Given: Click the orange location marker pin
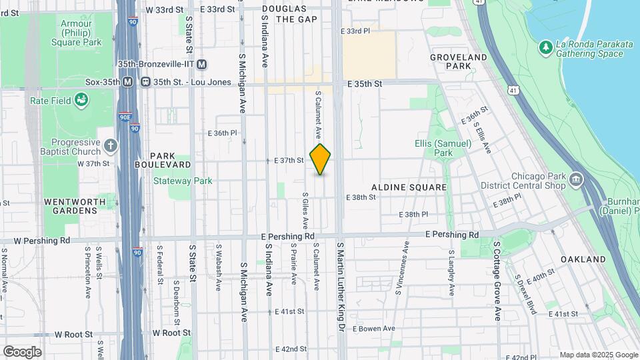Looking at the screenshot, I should pos(320,159).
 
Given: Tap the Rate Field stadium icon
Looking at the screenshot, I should pos(82,100).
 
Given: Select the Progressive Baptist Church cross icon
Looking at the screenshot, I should pos(111,145).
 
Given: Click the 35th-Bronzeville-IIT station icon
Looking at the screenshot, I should pos(203,65).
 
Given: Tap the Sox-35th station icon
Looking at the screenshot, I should pos(145,82).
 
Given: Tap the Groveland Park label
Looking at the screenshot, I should pos(459,62).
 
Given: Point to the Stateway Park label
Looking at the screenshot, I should pos(182,181).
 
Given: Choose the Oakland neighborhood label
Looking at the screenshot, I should pos(583,259).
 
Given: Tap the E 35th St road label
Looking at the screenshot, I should pos(365,85).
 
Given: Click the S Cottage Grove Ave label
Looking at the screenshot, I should pos(497,281).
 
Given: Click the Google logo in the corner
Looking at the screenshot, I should pos(22,351).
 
